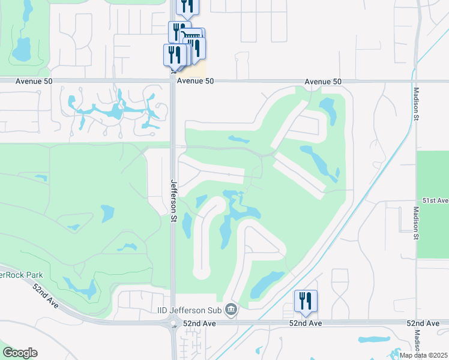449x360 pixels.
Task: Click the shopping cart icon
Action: pos(193,37)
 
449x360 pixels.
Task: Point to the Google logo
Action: pos(20,353)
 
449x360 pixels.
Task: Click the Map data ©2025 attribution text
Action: pos(423,355)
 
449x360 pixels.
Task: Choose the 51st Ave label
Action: pos(435,200)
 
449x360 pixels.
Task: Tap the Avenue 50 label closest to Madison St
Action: pos(322,81)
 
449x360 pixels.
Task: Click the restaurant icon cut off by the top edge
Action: pos(187,6)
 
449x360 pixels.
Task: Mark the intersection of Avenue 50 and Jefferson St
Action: pos(173,80)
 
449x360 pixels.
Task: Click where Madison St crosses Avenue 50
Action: pos(415,80)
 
